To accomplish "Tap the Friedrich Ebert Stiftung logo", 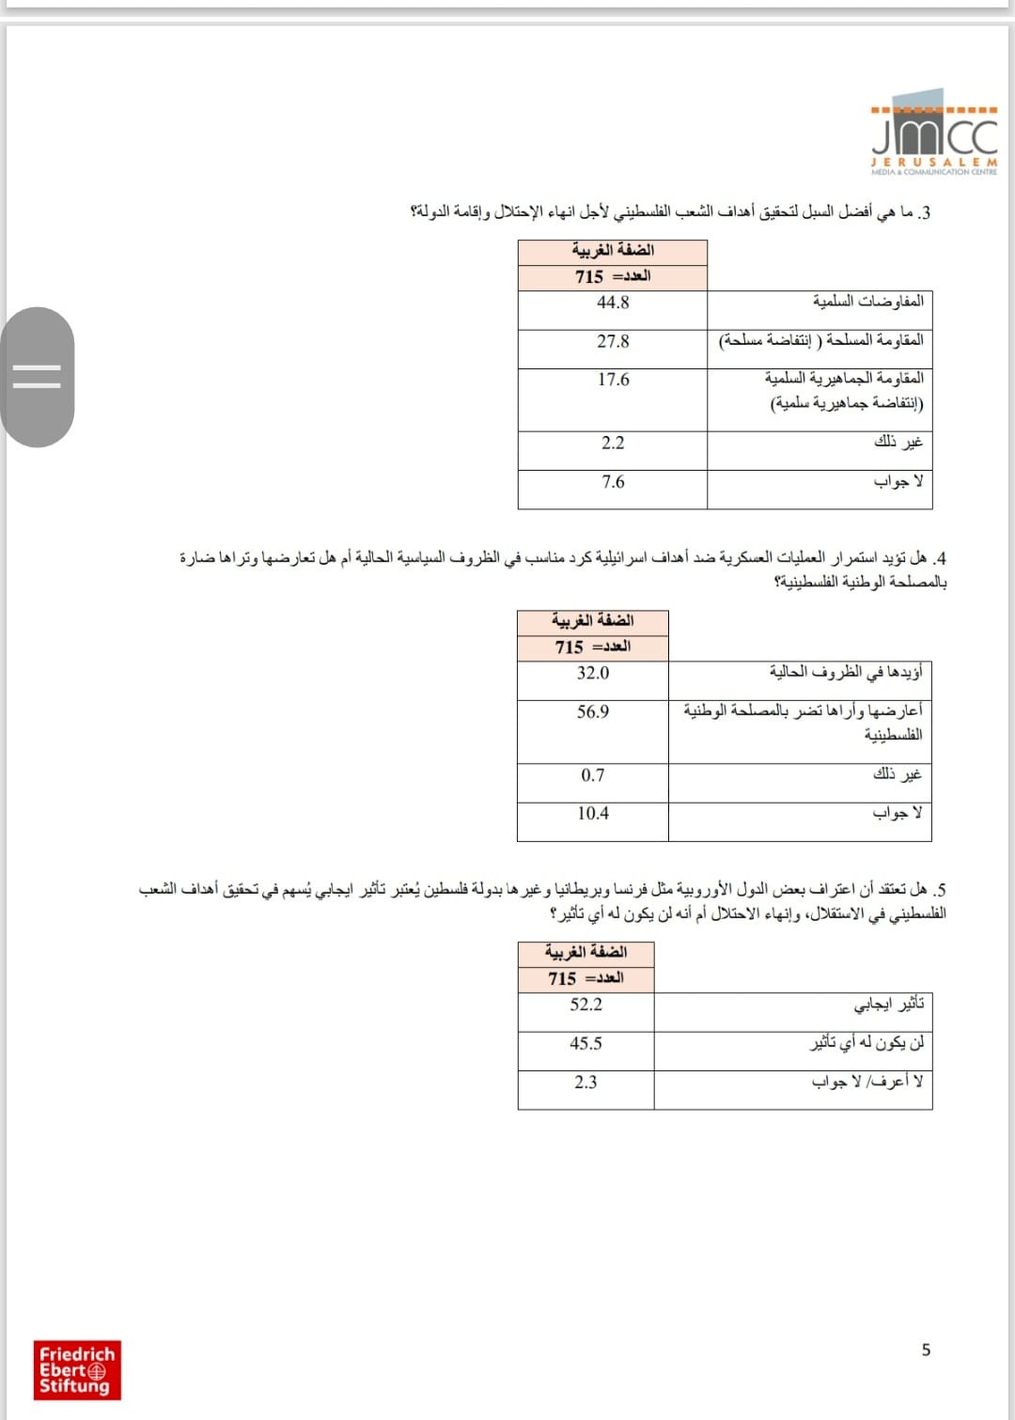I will click(x=77, y=1370).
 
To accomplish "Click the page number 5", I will click(x=926, y=1350).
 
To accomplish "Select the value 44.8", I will click(x=613, y=303).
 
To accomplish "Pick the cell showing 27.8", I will click(x=613, y=341).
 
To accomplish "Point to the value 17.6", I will click(x=613, y=380).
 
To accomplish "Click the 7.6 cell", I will click(x=613, y=482).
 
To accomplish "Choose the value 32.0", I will click(x=593, y=673).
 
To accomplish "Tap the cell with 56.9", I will click(x=593, y=712).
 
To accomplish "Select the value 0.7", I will click(x=593, y=775).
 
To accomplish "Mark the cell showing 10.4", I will click(x=593, y=814).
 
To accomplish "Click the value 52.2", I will click(x=586, y=1005).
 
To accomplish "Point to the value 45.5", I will click(x=586, y=1043).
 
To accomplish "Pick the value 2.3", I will click(x=586, y=1083).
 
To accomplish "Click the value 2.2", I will click(x=613, y=443).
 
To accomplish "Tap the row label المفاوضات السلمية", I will click(x=867, y=302).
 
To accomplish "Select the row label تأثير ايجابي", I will click(x=889, y=1005).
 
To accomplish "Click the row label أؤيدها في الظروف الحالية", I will click(x=846, y=672).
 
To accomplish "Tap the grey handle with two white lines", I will click(x=38, y=377).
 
